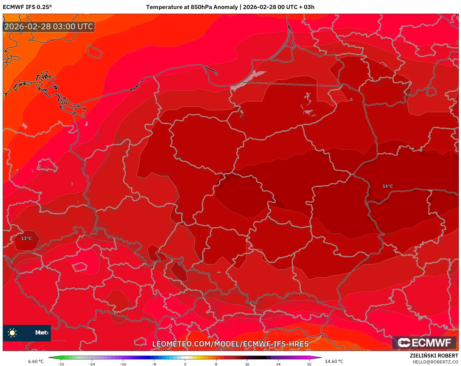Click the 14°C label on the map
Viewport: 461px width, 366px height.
pos(387,186)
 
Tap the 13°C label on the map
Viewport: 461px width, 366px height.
pos(26,239)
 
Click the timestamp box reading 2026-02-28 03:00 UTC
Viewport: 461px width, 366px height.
pos(49,27)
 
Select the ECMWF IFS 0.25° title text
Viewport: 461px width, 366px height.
pos(27,7)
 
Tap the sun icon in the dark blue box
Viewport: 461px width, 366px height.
pos(12,333)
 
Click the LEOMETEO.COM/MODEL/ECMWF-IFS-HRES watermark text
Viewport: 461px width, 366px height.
pos(230,344)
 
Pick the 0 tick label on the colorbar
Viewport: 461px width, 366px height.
pos(185,364)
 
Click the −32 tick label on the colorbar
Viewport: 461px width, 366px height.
pos(61,364)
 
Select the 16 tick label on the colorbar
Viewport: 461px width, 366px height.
pos(247,364)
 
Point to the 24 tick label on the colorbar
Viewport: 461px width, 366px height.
pos(278,364)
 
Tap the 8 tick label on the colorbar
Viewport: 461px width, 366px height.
pos(216,364)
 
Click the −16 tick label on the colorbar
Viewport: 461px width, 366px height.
pos(123,364)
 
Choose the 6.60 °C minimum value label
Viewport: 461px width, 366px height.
pos(36,361)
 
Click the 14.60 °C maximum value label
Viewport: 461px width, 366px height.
pos(334,361)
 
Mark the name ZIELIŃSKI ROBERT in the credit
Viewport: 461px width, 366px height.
pos(434,356)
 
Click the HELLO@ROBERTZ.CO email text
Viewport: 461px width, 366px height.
pos(435,362)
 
